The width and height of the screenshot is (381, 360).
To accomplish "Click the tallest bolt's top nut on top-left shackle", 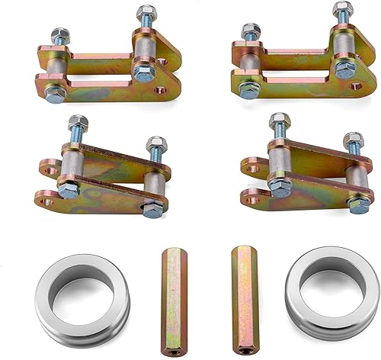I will coord(145,14).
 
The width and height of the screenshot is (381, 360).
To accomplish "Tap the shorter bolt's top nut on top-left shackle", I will coord(59,36).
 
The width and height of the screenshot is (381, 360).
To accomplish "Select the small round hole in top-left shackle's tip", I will coord(160,91).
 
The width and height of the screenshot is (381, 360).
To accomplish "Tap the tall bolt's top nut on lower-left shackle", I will coord(74,123).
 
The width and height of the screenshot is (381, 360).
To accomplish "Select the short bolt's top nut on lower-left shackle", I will coord(156,143).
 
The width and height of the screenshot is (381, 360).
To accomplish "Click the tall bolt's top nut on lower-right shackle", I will coord(276,121).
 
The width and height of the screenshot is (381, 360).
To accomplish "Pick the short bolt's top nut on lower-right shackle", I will coord(353,141).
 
